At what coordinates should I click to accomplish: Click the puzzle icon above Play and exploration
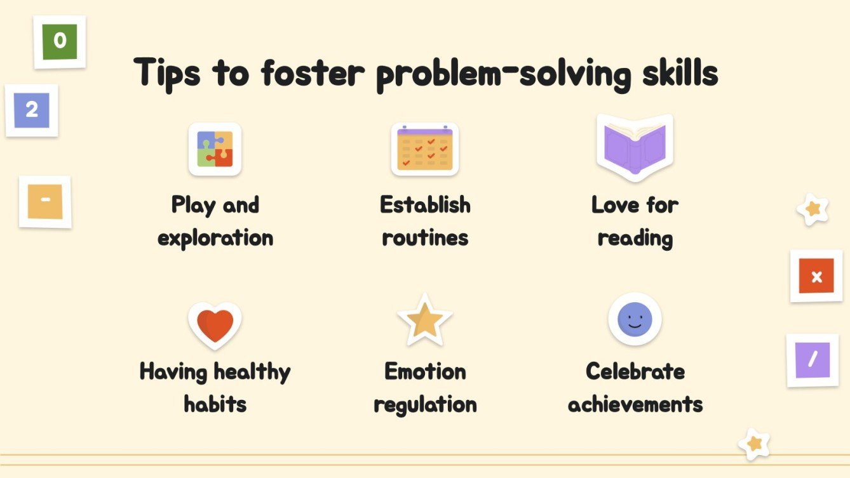point(215,149)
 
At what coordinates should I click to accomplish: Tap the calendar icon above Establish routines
point(424,149)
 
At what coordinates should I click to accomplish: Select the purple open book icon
point(635,148)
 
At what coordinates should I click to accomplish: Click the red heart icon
point(215,325)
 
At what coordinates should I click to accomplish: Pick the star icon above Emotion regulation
point(424,321)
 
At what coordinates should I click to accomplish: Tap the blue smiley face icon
point(635,319)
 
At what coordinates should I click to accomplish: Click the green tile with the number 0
point(60,42)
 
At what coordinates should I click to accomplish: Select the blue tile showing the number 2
point(32,110)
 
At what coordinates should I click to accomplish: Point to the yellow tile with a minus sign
point(45,201)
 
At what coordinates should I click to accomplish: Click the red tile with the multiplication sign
point(816,276)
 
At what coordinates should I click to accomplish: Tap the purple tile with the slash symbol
point(813,360)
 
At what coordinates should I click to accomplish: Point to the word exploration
point(215,239)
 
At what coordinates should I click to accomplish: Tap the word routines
point(425,238)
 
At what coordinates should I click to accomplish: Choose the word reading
point(635,239)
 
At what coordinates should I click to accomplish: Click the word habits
point(215,404)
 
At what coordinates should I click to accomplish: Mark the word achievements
point(635,404)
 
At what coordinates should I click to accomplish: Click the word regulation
point(425,405)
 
